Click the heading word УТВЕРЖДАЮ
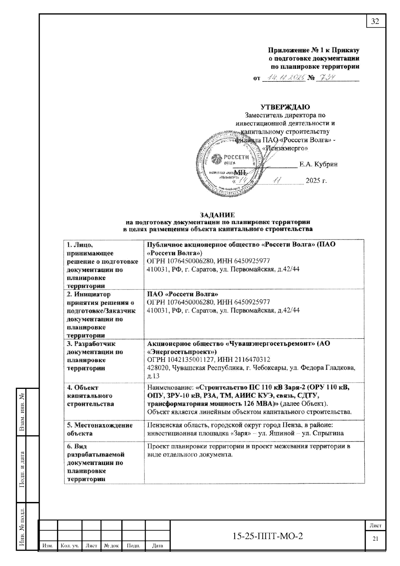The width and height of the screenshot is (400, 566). [285, 107]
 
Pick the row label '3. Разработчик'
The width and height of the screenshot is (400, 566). [91, 344]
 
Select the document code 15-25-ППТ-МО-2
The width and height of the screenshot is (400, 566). [267, 536]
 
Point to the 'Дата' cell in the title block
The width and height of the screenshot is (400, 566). [157, 546]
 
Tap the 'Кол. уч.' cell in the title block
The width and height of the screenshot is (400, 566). [70, 546]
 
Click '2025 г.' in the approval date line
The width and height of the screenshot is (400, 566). [316, 181]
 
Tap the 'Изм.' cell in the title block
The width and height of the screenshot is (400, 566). [48, 546]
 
